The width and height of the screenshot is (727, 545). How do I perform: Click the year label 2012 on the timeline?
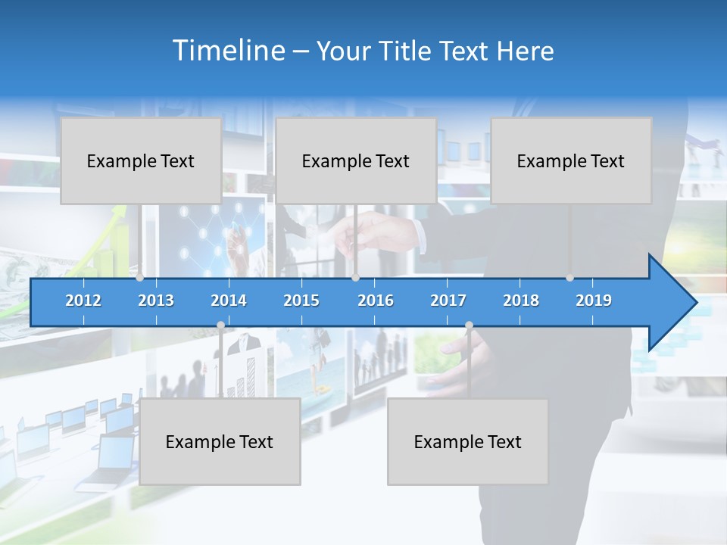83,301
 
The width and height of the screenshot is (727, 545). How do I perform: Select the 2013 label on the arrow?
156,301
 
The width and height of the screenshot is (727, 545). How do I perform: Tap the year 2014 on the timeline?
229,301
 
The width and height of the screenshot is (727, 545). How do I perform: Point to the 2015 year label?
301,301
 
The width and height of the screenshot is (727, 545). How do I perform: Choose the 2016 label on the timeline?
376,301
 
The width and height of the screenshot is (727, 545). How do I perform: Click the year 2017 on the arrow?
448,301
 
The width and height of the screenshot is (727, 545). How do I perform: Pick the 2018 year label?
521,301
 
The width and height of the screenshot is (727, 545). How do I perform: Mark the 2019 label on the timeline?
594,301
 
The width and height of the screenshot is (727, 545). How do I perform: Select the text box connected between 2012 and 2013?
141,160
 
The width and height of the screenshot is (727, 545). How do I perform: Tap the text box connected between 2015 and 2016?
356,160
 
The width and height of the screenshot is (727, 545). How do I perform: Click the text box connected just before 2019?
571,160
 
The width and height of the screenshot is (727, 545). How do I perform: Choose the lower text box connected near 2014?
220,441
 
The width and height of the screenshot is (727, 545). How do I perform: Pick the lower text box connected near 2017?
468,441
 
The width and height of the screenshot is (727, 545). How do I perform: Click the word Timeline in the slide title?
228,51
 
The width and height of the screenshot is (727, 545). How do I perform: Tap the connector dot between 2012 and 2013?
139,278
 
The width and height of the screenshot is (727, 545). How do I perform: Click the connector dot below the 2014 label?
220,325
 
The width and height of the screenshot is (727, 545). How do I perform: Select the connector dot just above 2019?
569,278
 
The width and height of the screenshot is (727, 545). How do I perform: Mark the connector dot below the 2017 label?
469,325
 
